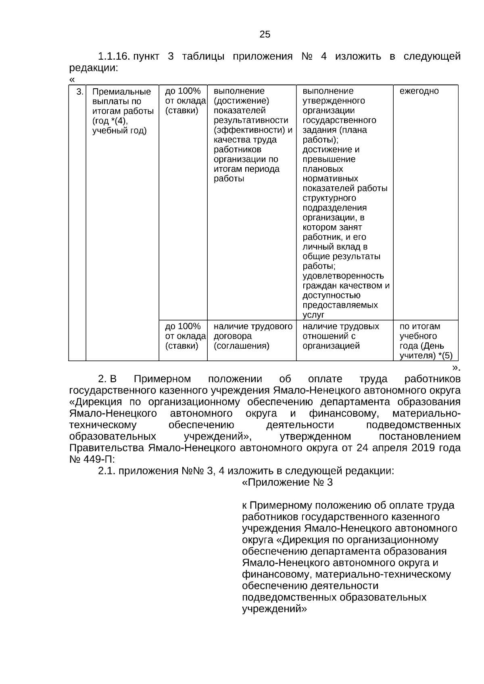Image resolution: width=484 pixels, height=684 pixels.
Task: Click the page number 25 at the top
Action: (265, 35)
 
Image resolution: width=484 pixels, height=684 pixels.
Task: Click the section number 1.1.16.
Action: (113, 56)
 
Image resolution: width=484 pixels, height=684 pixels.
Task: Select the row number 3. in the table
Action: (80, 92)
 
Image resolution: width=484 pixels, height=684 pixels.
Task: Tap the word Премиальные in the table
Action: (122, 92)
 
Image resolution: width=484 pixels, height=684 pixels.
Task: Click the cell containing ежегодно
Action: (419, 91)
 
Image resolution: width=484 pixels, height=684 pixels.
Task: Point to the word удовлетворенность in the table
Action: (343, 276)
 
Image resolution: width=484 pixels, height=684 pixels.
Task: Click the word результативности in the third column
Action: (251, 121)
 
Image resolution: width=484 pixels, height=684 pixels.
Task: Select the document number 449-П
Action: (98, 459)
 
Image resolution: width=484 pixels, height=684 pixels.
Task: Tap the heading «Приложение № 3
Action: (287, 482)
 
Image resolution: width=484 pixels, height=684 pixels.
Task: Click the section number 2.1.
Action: (107, 471)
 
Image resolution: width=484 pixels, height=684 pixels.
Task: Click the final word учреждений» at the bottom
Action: (274, 609)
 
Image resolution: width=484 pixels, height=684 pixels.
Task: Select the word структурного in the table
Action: (329, 198)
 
